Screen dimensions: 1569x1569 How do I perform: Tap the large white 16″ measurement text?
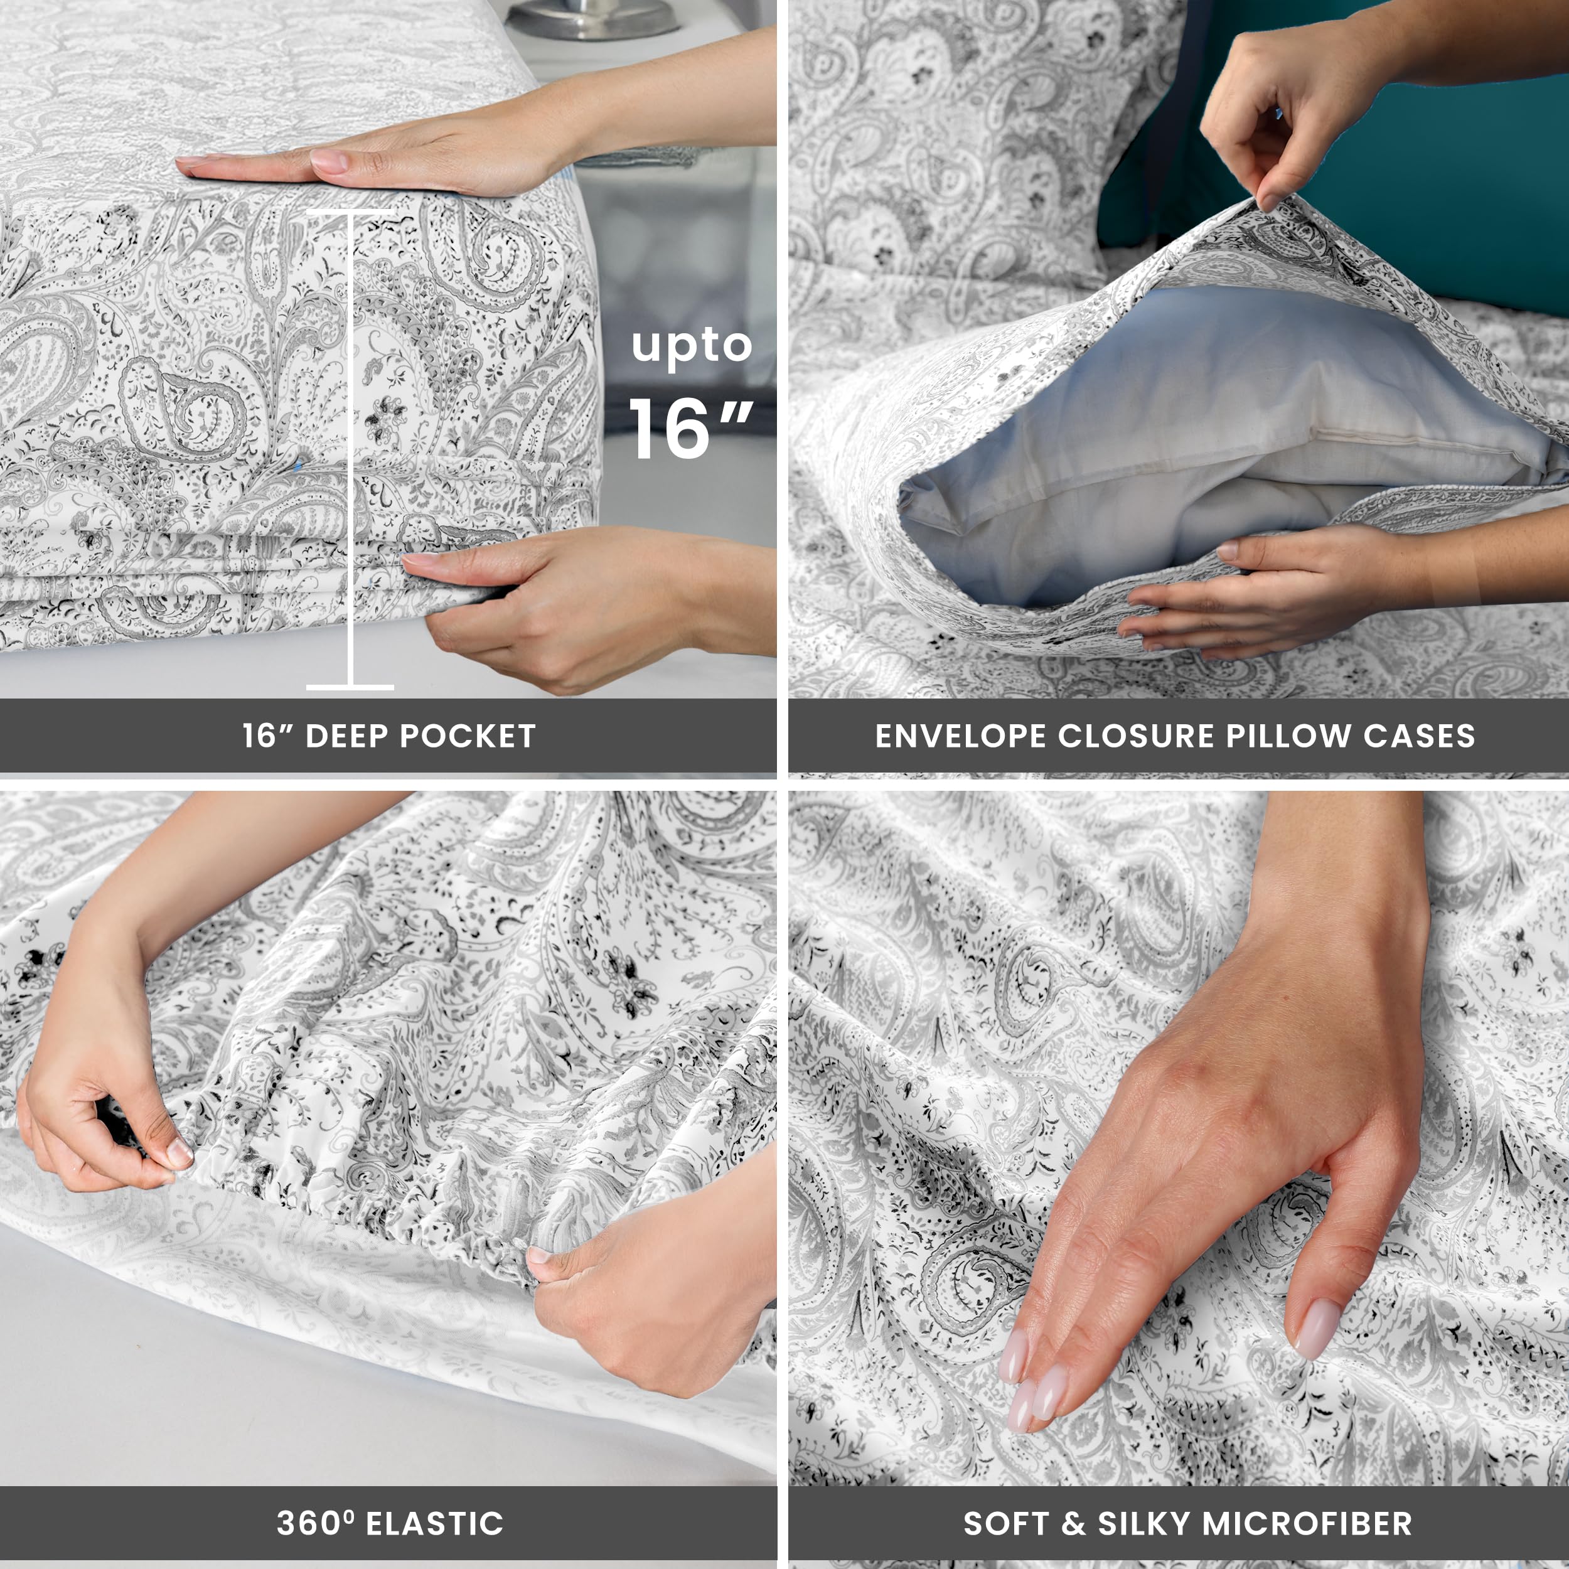pyautogui.click(x=690, y=428)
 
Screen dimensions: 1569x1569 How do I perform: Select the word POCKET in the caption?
pyautogui.click(x=468, y=736)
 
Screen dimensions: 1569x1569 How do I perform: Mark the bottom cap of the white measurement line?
pyautogui.click(x=350, y=687)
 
